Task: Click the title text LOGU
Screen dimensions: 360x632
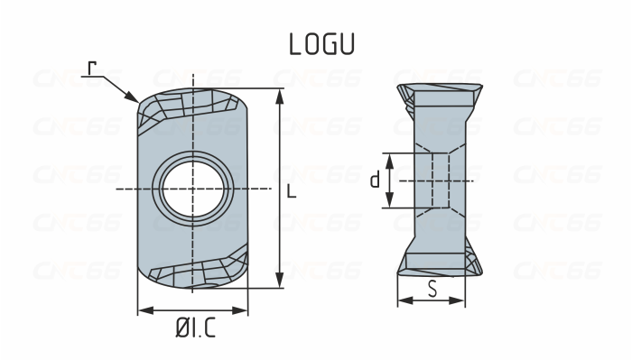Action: tap(321, 44)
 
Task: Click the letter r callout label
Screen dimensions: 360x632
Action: tap(92, 69)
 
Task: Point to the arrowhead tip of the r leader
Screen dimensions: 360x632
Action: tap(136, 100)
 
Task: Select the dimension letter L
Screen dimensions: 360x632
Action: tap(290, 191)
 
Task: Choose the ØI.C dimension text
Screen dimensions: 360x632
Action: tap(196, 331)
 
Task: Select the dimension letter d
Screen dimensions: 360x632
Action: tap(375, 180)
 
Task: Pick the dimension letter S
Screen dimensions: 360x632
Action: tap(432, 290)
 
